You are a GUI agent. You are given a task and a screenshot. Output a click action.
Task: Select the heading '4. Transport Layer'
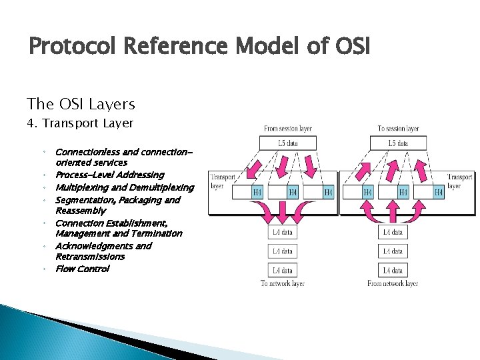[x=80, y=123]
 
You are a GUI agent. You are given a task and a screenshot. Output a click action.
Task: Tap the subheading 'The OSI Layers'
[x=81, y=104]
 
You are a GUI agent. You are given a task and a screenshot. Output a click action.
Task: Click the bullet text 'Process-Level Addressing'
[x=109, y=175]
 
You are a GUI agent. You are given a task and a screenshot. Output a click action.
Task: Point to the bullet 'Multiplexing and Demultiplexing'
[x=124, y=187]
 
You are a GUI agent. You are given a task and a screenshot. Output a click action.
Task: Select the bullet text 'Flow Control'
[x=82, y=269]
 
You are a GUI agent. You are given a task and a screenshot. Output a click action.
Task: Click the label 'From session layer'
[x=287, y=129]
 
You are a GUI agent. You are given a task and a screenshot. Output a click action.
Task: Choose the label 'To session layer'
[x=398, y=129]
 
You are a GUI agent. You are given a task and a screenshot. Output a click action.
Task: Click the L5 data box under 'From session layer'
[x=287, y=143]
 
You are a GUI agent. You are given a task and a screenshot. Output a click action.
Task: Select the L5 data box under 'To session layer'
[x=398, y=143]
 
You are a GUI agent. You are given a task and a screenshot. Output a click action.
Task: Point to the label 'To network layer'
[x=282, y=283]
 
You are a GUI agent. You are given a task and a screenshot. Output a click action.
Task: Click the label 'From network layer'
[x=393, y=283]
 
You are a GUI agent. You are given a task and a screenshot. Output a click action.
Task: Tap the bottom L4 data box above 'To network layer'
[x=282, y=271]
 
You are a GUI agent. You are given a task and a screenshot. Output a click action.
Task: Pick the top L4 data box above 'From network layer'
[x=393, y=232]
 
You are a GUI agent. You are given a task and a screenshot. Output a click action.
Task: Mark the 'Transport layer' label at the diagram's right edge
[x=459, y=181]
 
